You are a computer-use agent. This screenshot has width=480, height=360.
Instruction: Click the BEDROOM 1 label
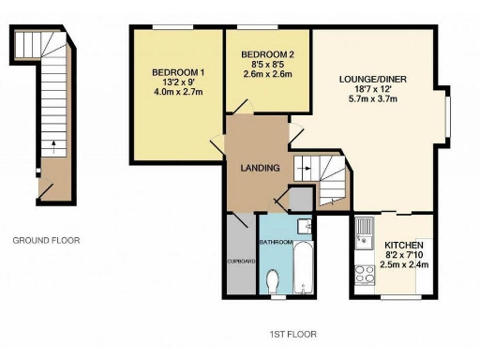(178, 73)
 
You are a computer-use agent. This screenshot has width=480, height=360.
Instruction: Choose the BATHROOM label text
(277, 243)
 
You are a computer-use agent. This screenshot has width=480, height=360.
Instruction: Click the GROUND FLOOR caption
(46, 240)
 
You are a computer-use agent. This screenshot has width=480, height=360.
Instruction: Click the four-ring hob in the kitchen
(364, 275)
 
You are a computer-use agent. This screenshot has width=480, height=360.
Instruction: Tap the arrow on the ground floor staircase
(52, 145)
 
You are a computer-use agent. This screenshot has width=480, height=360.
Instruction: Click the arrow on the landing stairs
(304, 170)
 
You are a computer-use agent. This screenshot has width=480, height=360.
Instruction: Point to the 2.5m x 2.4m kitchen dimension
(405, 264)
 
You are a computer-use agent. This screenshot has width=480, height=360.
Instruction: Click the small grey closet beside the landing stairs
(300, 199)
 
